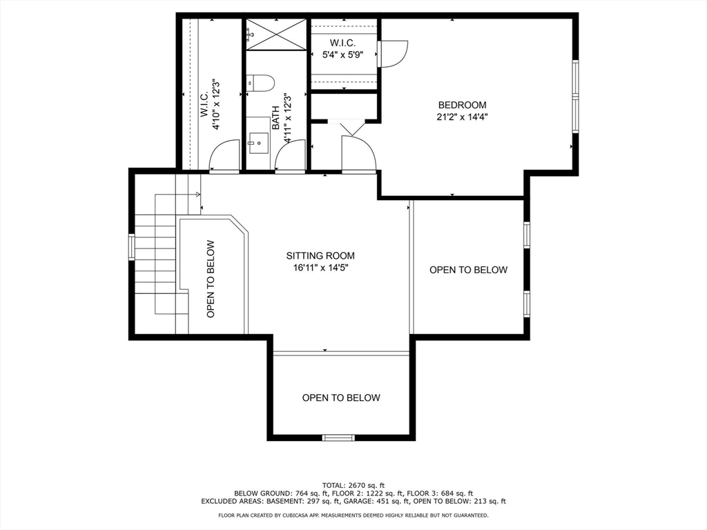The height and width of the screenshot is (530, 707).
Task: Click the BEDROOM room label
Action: click(462, 105)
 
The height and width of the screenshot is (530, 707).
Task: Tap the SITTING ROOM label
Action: click(320, 255)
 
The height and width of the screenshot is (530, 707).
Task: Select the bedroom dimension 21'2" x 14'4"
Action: click(462, 117)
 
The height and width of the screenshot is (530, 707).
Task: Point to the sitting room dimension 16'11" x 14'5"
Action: click(320, 268)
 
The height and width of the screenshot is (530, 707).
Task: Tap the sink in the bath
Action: click(258, 143)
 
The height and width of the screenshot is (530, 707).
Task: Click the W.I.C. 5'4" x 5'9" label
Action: click(342, 49)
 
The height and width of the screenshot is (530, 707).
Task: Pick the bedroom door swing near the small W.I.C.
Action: click(394, 54)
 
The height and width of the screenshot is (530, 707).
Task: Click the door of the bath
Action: click(291, 156)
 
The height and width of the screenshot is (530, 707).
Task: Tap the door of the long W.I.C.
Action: click(224, 156)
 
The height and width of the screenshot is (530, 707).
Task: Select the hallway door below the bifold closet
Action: click(358, 154)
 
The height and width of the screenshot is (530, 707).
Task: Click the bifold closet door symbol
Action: click(351, 128)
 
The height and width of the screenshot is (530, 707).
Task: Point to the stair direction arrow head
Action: click(198, 195)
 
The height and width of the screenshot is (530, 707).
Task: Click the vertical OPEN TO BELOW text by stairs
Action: click(211, 279)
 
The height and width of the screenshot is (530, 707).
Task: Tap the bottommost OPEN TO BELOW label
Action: click(341, 397)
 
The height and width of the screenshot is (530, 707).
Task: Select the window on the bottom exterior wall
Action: click(338, 437)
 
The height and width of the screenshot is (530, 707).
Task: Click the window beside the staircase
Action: click(132, 246)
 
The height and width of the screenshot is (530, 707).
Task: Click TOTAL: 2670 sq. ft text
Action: click(353, 485)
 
